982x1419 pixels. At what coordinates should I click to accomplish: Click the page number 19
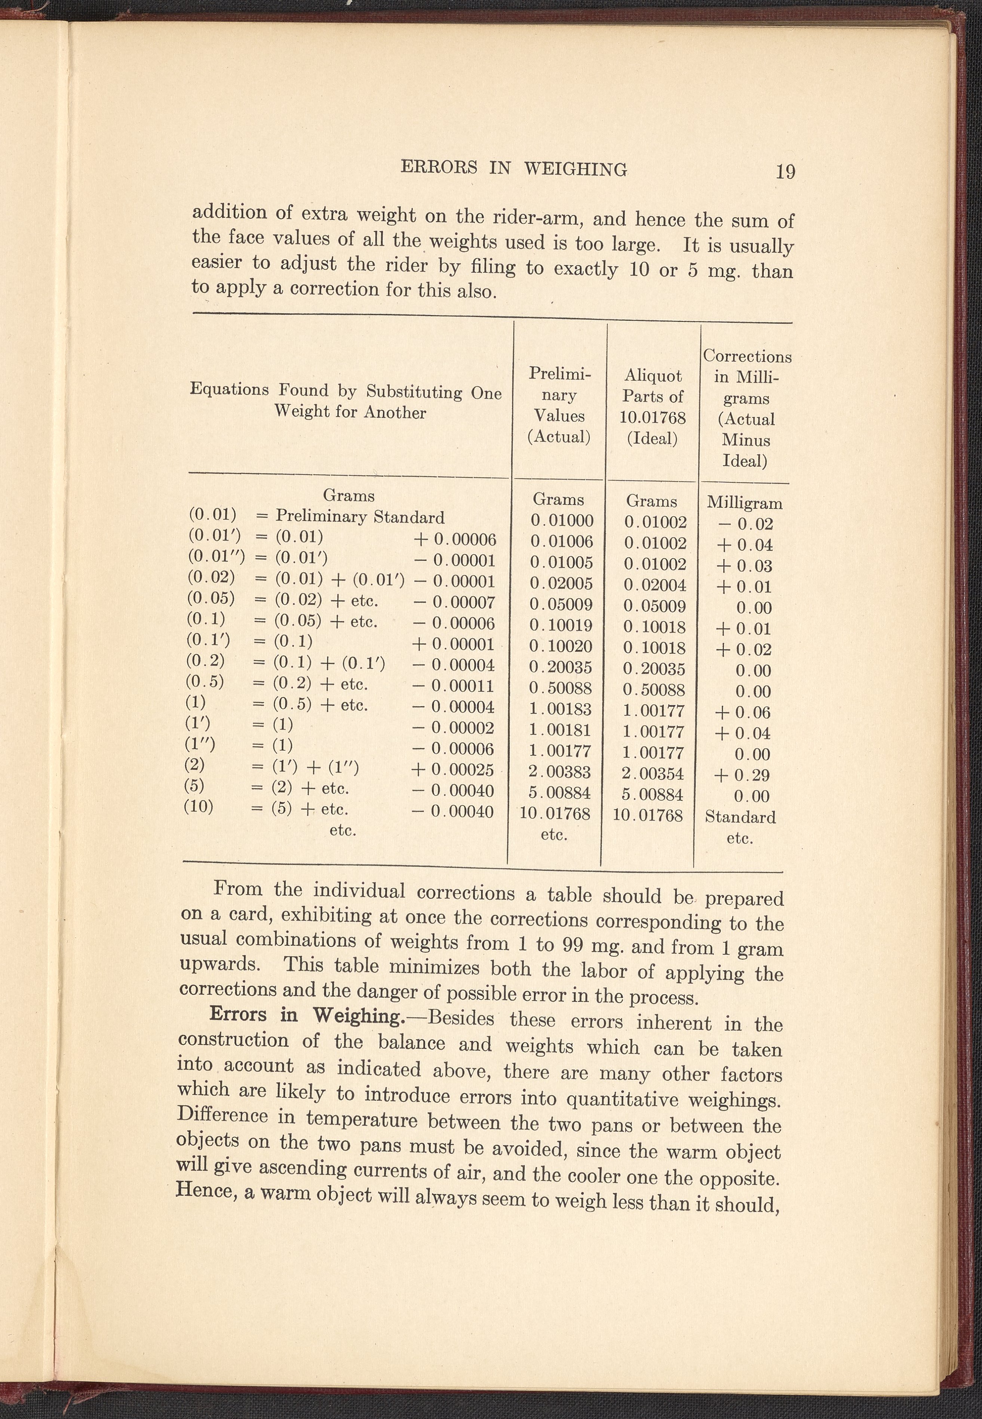click(x=785, y=171)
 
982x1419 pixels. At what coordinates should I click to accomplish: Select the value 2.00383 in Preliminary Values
click(x=560, y=772)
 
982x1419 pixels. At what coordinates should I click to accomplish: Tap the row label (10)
click(x=199, y=807)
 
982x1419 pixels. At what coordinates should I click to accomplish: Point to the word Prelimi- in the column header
click(x=559, y=374)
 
